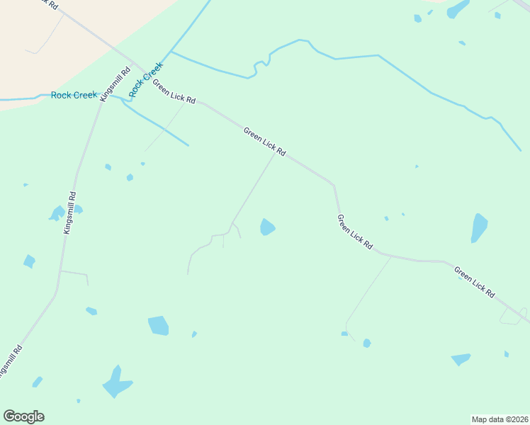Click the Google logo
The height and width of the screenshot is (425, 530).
pos(23,416)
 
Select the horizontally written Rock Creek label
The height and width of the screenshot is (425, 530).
pos(74,95)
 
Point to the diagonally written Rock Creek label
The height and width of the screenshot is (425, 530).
pos(146,79)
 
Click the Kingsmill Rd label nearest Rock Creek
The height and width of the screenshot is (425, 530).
pos(115,83)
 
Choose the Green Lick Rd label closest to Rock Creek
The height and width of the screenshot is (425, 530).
pos(174,91)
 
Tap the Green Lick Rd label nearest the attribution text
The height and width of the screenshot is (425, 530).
pos(474,281)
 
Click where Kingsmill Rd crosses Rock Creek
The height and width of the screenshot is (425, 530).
pos(103,95)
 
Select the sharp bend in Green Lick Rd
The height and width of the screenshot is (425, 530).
pos(333,186)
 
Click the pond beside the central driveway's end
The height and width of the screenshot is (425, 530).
pos(267,227)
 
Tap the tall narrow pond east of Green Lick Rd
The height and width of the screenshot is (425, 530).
pos(480,228)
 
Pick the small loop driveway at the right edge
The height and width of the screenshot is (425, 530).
pos(513,317)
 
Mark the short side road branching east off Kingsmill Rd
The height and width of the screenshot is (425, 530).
pos(74,273)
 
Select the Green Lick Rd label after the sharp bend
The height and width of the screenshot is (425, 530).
pos(355,231)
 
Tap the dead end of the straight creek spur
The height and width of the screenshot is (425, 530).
pos(188,146)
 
